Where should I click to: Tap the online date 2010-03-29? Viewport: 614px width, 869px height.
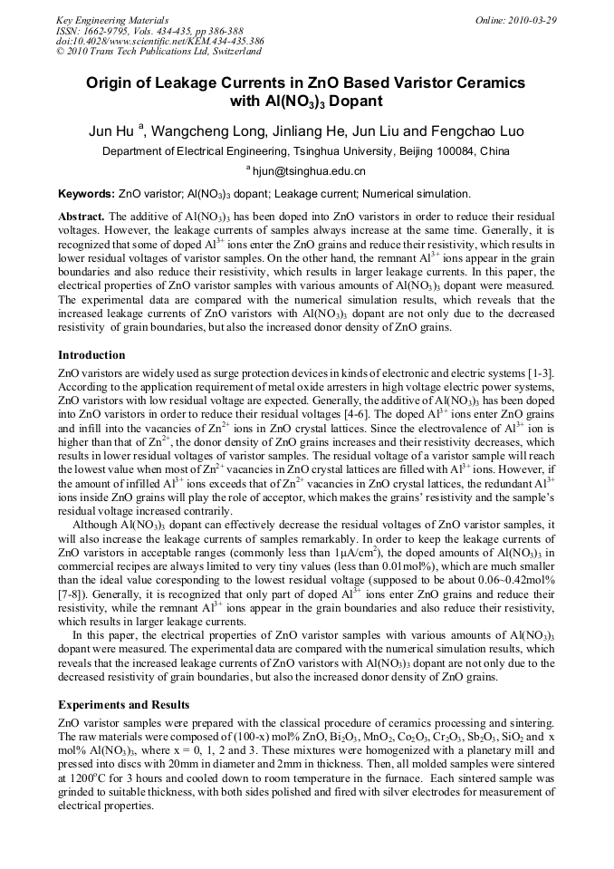pos(529,19)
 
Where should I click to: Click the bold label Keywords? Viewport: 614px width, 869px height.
pos(86,194)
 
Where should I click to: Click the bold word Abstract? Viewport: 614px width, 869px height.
pos(81,217)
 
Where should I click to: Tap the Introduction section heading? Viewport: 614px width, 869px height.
pos(91,355)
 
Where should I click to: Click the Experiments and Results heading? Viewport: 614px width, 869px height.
pos(124,704)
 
